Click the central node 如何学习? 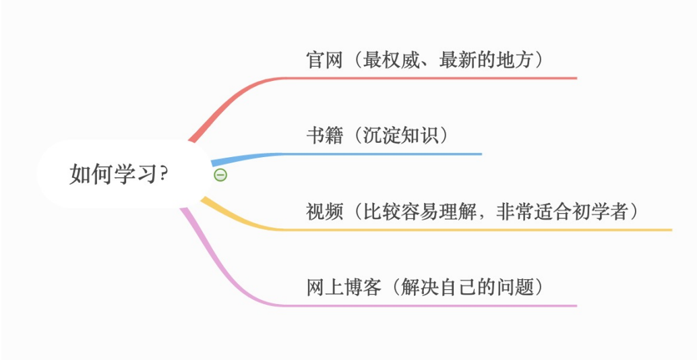[x=119, y=174]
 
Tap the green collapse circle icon [x=220, y=175]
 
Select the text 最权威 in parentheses [x=392, y=60]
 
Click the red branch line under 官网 [x=438, y=78]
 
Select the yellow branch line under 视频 [x=472, y=230]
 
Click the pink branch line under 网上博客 [x=438, y=305]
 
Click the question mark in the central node [x=163, y=174]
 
